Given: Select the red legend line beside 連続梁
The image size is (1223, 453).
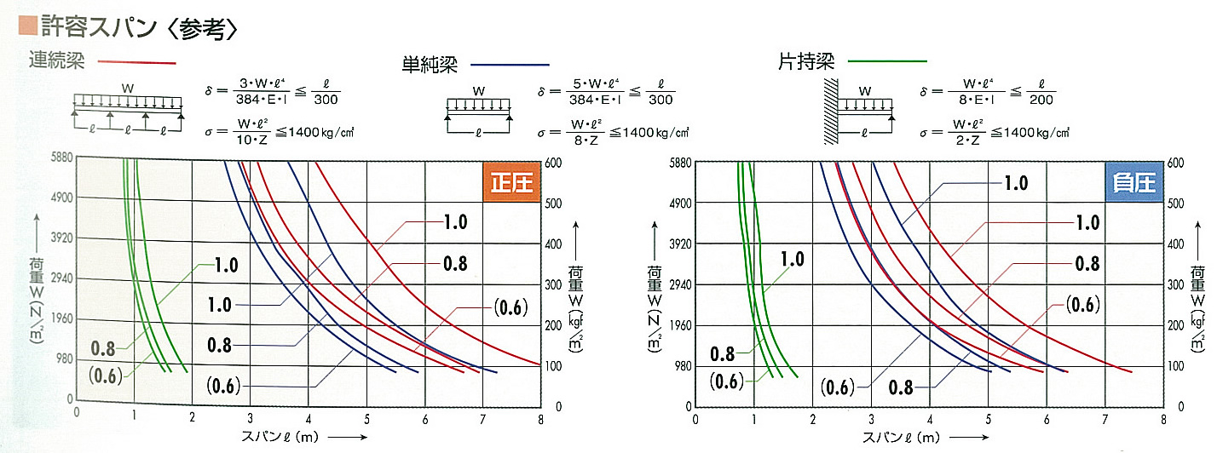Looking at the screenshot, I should pos(136,63).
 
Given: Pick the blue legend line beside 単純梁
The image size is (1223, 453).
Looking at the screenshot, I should pos(510,65).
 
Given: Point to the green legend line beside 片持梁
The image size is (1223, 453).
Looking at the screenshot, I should pos(886,62).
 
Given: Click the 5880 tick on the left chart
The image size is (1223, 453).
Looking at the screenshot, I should pos(61,158).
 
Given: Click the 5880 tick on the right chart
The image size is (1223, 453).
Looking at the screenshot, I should pos(681,161).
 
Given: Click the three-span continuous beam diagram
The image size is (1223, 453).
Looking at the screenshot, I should pos(128,111).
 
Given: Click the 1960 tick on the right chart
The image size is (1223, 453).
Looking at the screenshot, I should pos(681,325).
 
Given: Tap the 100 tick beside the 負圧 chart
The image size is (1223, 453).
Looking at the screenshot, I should pos(1174,367).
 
